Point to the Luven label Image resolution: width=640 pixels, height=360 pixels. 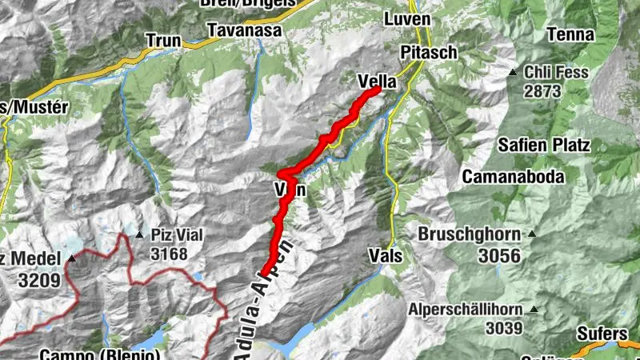pyautogui.click(x=406, y=18)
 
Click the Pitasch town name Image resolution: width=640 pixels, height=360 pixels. pyautogui.click(x=428, y=52)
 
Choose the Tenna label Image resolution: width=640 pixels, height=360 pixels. pyautogui.click(x=571, y=34)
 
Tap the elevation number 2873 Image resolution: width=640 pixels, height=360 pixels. pyautogui.click(x=542, y=91)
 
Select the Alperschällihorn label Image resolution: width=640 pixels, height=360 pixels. pyautogui.click(x=465, y=310)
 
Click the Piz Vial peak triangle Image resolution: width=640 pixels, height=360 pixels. pyautogui.click(x=139, y=235)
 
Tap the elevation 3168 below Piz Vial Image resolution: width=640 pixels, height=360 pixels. pyautogui.click(x=169, y=254)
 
